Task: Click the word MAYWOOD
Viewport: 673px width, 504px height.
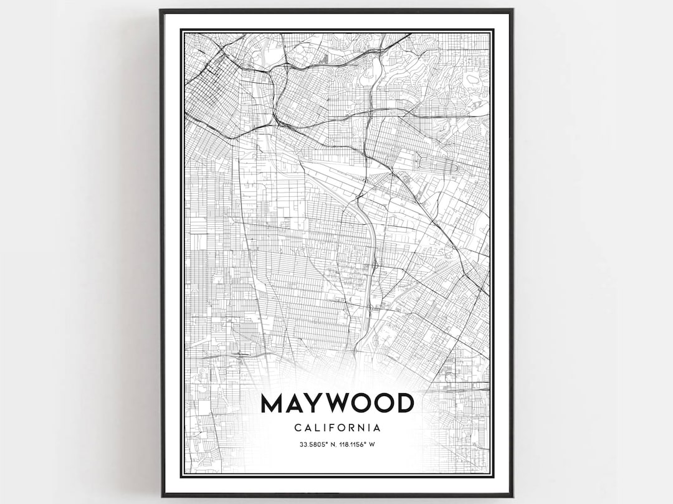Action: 337,403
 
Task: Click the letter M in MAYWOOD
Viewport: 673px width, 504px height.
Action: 272,403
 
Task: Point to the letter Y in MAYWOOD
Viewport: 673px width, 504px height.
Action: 313,403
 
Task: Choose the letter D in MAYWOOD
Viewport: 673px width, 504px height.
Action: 404,403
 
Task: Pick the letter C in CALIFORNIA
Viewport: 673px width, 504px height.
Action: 296,428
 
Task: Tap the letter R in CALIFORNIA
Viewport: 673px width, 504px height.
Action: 350,428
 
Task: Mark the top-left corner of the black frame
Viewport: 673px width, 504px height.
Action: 161,10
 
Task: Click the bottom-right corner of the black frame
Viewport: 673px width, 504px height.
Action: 512,496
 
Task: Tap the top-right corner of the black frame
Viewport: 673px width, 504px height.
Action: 512,10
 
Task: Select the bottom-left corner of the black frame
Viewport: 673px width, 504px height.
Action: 162,496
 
